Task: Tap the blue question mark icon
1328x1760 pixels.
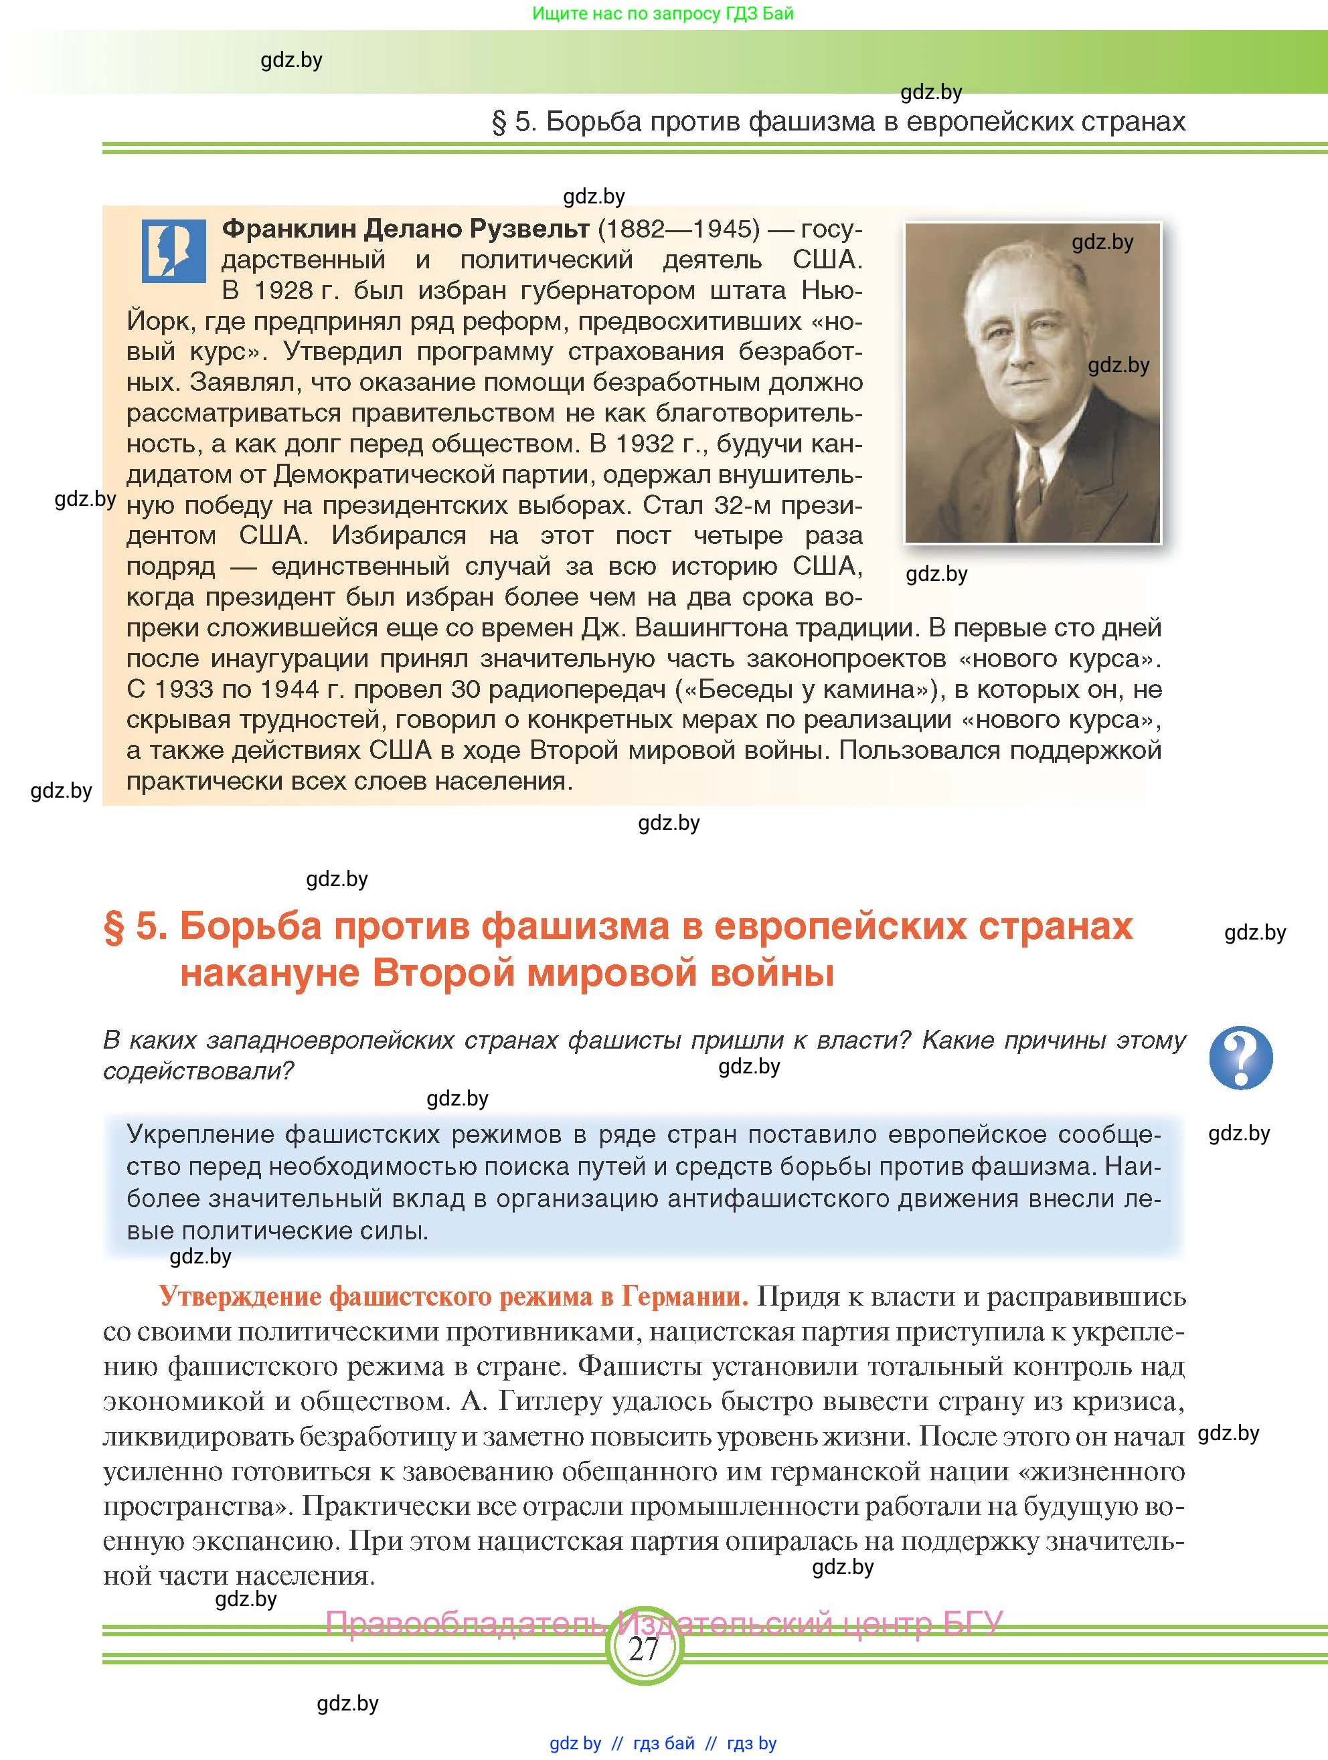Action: (x=1240, y=1057)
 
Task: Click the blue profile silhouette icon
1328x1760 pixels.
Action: (x=173, y=252)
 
